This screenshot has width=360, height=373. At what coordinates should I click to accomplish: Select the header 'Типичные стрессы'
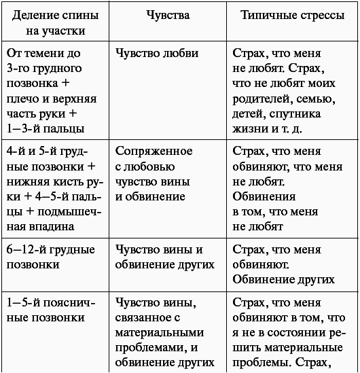(292, 14)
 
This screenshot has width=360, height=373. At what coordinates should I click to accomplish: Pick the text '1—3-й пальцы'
(45, 128)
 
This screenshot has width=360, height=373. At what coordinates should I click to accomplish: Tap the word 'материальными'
(160, 332)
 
